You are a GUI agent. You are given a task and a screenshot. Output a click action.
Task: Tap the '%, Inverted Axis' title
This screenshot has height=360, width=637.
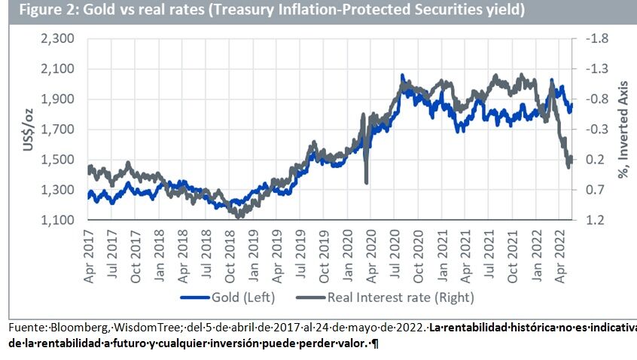[x=623, y=130]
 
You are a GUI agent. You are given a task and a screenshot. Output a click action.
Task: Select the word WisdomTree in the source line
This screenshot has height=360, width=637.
[x=137, y=328]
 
